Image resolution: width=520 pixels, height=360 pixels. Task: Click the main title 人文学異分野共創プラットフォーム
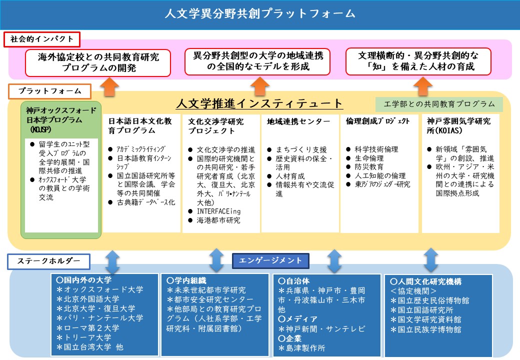(x=259, y=13)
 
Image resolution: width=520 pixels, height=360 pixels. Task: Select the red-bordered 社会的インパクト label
(x=42, y=39)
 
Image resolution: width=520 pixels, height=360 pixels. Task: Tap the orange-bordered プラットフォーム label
(x=49, y=91)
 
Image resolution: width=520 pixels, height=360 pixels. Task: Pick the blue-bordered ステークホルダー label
(x=49, y=261)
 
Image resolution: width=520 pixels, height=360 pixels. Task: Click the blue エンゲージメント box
(x=270, y=260)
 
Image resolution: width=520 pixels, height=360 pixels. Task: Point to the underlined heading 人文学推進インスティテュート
(x=259, y=103)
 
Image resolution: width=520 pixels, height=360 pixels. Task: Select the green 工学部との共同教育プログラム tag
(x=439, y=104)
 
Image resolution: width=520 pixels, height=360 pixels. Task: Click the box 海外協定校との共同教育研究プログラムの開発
(x=98, y=62)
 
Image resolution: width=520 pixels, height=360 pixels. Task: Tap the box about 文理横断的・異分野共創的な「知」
(x=418, y=61)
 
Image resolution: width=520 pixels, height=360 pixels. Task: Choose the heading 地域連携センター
(x=298, y=121)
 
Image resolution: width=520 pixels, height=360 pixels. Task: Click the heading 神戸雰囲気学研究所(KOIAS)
(x=458, y=126)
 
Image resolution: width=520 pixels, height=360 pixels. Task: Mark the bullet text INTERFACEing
(x=218, y=211)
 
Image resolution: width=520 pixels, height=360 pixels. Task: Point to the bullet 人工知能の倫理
(x=380, y=175)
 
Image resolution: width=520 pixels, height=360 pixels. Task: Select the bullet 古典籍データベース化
(x=146, y=202)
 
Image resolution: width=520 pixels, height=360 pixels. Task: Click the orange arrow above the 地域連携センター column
(x=259, y=86)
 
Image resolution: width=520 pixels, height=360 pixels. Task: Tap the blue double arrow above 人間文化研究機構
(x=431, y=260)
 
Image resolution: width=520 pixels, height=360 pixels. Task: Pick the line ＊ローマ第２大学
(x=88, y=328)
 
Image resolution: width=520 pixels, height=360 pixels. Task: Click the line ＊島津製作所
(x=302, y=348)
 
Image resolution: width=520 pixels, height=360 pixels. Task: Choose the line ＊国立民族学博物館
(x=425, y=329)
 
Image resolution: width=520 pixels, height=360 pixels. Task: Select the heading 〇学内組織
(x=186, y=281)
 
